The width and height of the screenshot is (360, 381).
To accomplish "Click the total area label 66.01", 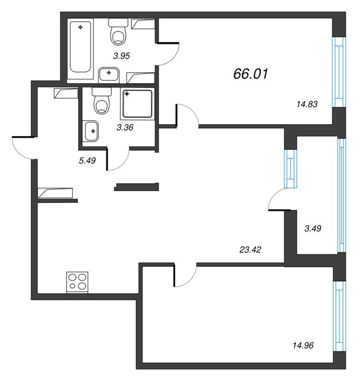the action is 251,73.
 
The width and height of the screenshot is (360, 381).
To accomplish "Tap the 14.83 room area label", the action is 307,105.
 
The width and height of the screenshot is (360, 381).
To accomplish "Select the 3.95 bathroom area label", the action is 121,56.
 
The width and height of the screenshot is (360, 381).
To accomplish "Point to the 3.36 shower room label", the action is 125,127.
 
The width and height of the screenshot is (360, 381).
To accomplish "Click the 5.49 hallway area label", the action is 87,161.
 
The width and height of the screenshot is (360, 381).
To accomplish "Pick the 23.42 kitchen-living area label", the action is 250,249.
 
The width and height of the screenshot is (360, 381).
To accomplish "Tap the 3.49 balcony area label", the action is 313,229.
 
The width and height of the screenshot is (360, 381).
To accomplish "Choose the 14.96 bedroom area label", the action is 303,345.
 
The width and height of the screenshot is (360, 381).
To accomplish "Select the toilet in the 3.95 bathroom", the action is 118,32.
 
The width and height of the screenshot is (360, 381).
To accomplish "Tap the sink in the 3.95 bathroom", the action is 109,75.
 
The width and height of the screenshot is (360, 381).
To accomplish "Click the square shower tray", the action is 137,104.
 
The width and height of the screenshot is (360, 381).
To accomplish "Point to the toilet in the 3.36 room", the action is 102,101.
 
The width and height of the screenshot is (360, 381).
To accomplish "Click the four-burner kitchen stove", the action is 77,282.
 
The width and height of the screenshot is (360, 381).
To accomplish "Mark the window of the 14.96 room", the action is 339,316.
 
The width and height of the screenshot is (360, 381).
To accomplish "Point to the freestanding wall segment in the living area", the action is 137,187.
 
